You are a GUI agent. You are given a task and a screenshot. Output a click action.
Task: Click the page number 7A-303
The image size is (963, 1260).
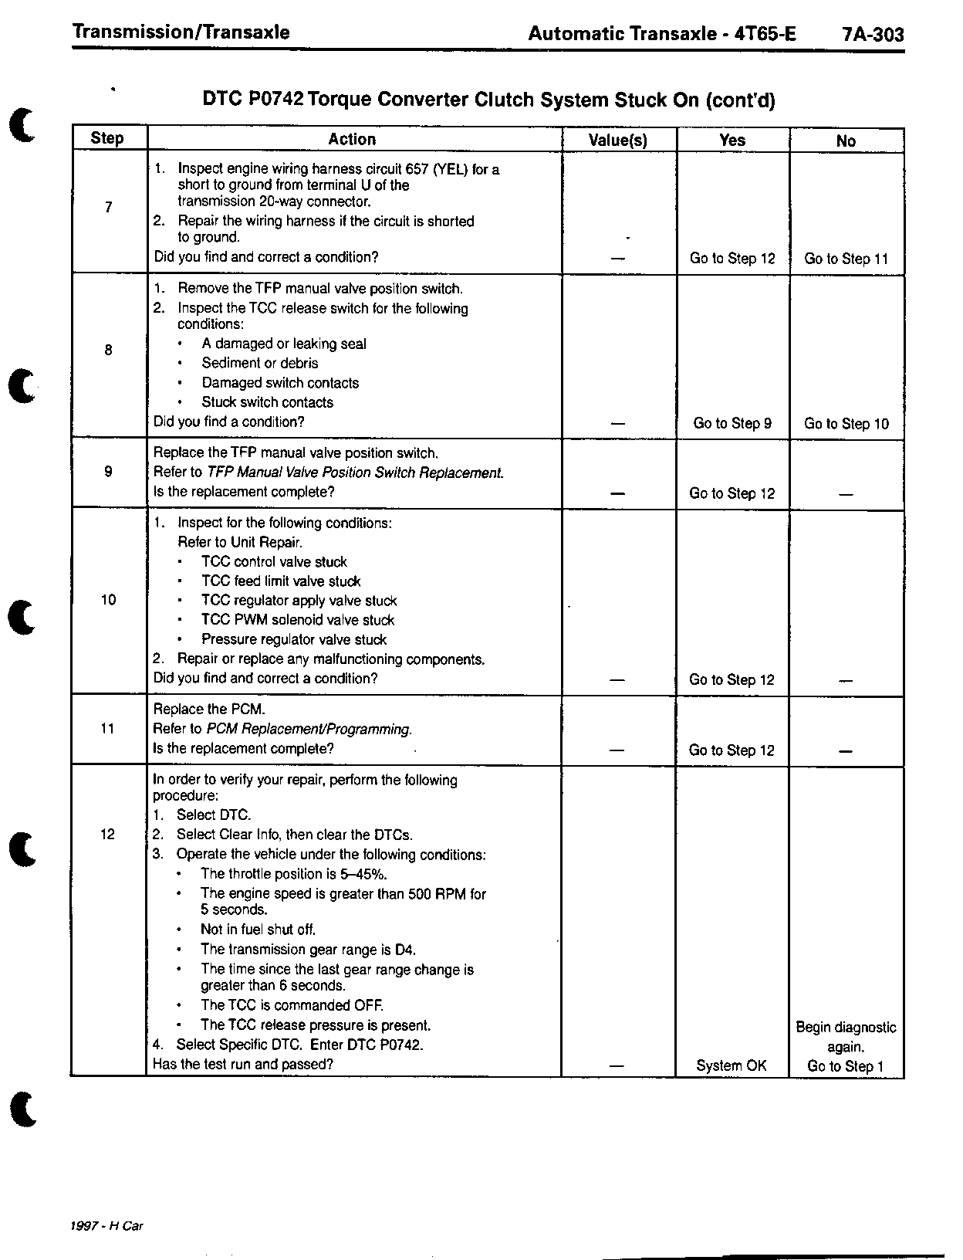[x=873, y=35]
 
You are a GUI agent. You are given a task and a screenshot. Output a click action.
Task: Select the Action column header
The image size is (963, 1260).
[x=352, y=139]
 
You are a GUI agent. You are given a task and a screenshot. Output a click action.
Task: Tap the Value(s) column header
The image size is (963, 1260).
[x=618, y=140]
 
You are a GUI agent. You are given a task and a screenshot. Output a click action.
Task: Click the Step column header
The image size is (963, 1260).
[x=107, y=138]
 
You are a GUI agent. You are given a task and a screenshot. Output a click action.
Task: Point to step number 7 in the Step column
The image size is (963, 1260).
[x=108, y=207]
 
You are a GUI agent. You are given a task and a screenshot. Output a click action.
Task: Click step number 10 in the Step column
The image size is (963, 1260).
[x=108, y=600]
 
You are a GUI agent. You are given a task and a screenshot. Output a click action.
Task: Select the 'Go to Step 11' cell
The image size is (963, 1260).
[x=846, y=259]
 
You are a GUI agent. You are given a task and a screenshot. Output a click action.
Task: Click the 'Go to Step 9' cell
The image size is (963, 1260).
[x=732, y=423]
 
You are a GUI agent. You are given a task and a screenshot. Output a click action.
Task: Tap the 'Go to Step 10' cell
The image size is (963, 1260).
[x=846, y=424]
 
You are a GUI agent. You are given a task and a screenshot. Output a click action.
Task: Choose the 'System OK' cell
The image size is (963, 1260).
[x=732, y=1065]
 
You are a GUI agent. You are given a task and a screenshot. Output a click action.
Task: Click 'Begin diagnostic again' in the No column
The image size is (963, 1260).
[x=846, y=1037]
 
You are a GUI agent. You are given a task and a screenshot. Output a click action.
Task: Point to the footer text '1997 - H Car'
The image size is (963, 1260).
[x=106, y=1226]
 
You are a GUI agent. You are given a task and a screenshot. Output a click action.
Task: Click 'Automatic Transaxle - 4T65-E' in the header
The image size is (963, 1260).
[x=662, y=34]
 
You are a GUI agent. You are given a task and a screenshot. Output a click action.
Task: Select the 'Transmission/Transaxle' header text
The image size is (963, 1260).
[x=181, y=32]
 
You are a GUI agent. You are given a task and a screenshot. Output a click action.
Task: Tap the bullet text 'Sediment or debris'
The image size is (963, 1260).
[x=259, y=363]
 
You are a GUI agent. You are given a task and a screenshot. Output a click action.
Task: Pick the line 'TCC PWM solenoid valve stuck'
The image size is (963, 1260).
[x=298, y=620]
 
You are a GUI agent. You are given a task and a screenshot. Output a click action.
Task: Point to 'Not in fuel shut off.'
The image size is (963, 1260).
[x=258, y=930]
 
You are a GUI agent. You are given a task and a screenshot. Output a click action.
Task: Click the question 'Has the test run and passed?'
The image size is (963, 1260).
[x=243, y=1064]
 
